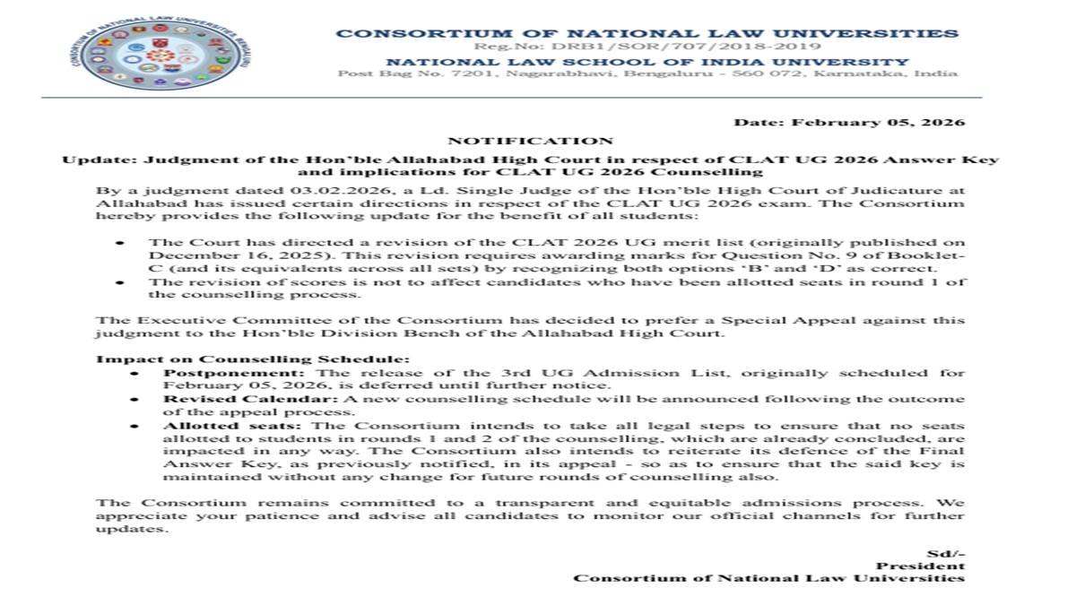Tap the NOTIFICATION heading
(x=530, y=141)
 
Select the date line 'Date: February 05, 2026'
(x=849, y=122)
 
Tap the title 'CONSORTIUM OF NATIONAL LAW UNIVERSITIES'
(x=647, y=33)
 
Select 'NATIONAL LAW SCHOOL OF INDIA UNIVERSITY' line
(x=647, y=62)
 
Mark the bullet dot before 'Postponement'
(x=134, y=372)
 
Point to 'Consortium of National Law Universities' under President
(x=769, y=578)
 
